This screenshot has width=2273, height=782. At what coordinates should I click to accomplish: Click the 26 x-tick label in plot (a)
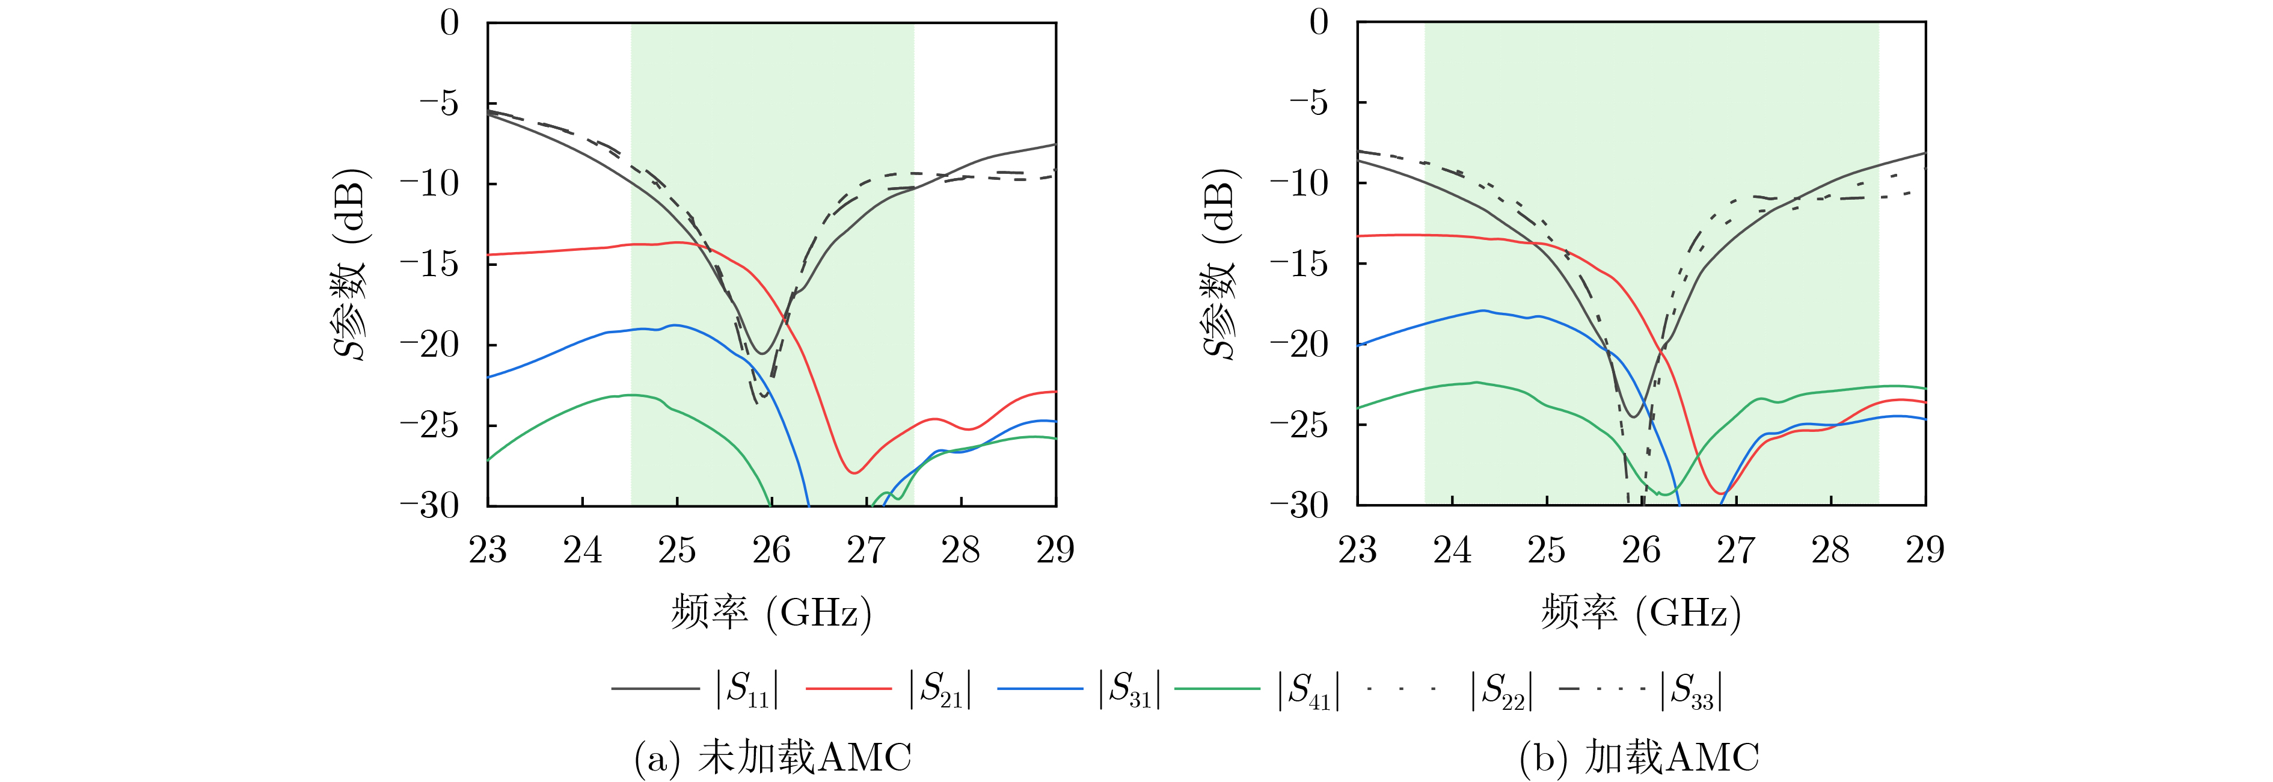(x=771, y=550)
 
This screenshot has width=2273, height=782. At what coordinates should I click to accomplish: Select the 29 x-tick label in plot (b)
(x=1924, y=550)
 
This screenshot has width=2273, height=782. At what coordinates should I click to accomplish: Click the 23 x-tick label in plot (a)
(x=488, y=550)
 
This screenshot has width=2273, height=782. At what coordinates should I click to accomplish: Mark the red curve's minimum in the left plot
(x=853, y=473)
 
